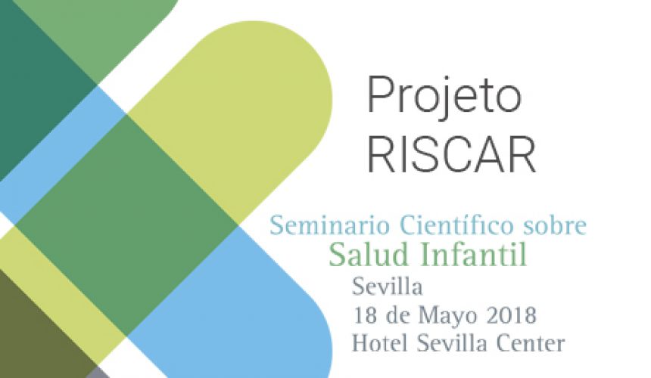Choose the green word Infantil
474,254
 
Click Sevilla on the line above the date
388,287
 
